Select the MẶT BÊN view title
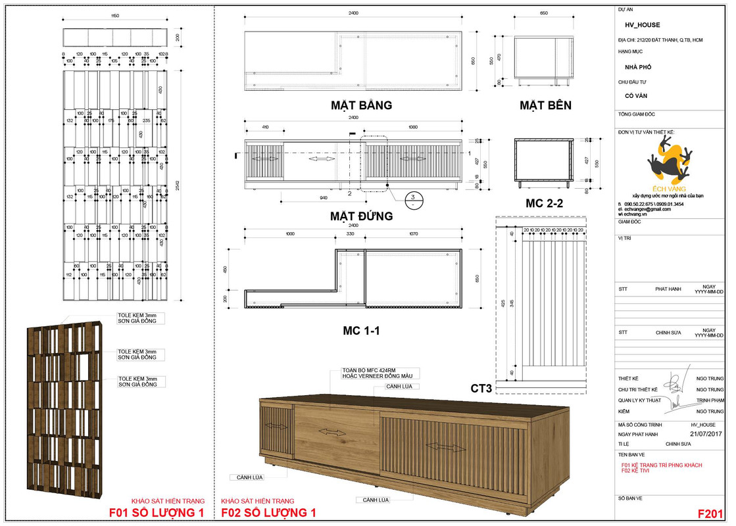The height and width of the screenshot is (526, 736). pos(545,105)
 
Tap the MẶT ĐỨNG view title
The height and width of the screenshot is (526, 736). pos(361,216)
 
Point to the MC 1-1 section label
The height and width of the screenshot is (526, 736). pos(361,331)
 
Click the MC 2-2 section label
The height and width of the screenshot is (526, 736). pos(544,203)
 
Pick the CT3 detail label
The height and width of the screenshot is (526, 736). pos(481,388)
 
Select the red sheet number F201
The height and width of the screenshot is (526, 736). pos(710,514)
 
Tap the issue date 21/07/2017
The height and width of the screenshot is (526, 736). pos(706,435)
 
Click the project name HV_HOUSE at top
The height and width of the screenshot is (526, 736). pos(642,25)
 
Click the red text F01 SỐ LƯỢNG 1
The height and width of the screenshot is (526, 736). pos(157,513)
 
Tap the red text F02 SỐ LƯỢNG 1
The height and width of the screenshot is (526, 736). pos(268,513)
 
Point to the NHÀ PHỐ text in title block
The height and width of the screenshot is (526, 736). pos(637,67)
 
